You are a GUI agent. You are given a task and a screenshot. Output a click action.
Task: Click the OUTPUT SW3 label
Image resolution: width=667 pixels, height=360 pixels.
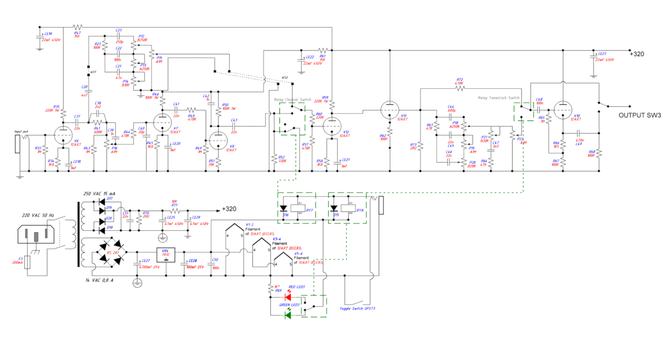[639, 116]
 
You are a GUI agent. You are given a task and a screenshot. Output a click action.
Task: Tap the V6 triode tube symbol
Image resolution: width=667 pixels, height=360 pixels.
[63, 135]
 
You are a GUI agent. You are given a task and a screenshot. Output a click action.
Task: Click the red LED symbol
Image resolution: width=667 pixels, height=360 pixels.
[288, 298]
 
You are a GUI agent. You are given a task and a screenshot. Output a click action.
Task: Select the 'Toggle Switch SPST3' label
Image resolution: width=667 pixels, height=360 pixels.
[357, 309]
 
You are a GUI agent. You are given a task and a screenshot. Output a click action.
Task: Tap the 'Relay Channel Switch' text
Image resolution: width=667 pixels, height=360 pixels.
[292, 99]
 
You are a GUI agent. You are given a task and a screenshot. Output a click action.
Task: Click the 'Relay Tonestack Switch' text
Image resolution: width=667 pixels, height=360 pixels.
[499, 97]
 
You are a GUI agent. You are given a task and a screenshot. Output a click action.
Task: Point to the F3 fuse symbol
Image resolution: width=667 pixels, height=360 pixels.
[28, 262]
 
